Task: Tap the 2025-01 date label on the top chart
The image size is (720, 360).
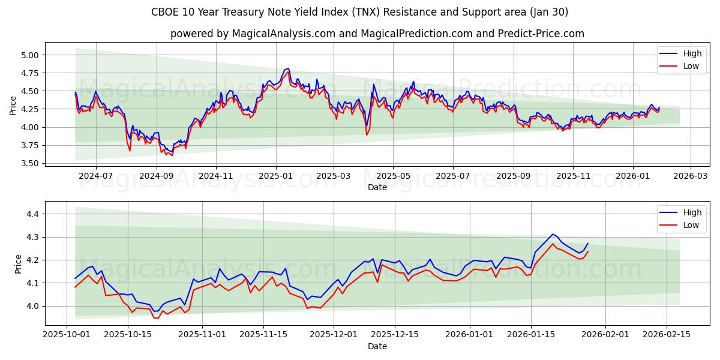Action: [x=275, y=176]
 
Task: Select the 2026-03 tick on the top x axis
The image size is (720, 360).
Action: [x=690, y=176]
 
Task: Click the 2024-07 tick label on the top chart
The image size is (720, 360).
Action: [x=95, y=176]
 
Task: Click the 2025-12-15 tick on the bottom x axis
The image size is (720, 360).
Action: [x=395, y=335]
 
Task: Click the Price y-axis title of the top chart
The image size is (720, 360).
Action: [x=13, y=106]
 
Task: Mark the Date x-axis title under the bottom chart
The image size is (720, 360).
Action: [x=377, y=346]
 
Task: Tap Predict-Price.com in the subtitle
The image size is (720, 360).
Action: [x=541, y=34]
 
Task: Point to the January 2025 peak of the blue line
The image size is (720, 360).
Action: [x=289, y=68]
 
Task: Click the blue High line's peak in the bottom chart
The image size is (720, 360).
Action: [x=553, y=234]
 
